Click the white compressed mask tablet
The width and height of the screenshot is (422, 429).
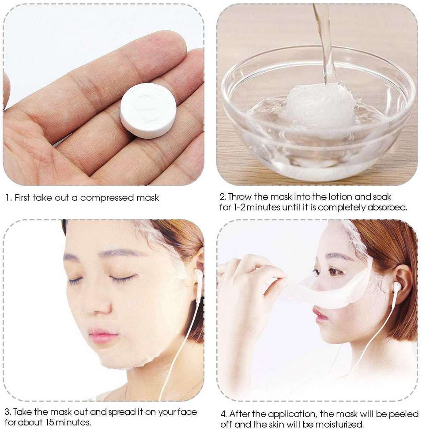click(x=148, y=110)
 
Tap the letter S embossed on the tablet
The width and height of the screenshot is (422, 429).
click(x=148, y=108)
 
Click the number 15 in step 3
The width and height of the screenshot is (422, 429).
click(x=49, y=422)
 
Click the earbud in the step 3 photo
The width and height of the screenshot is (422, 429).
click(x=198, y=277)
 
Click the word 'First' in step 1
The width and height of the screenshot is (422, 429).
click(x=22, y=197)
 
